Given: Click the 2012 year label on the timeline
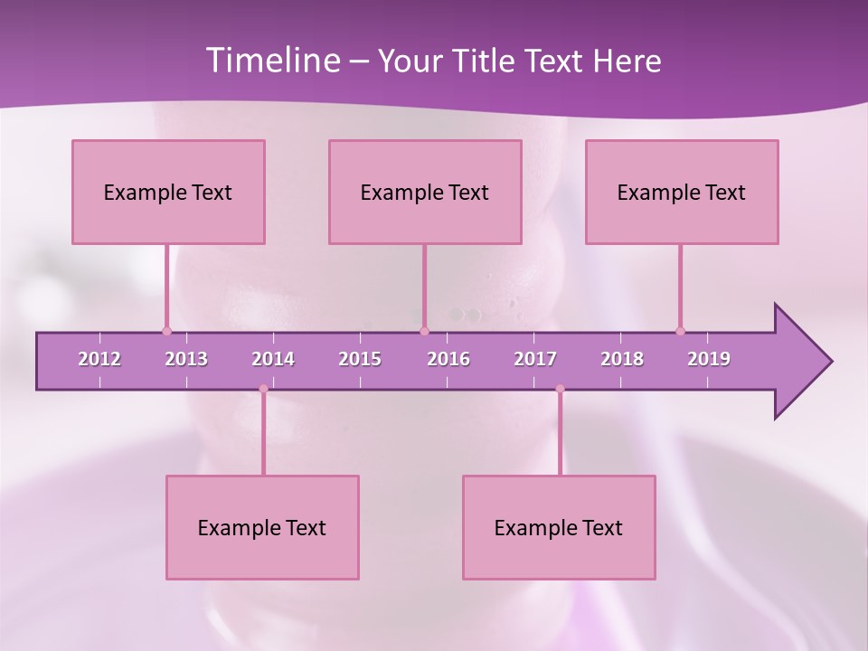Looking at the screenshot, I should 99,359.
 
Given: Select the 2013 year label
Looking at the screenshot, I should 186,359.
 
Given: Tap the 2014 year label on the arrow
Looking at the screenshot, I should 273,359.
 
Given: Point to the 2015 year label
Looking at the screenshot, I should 360,359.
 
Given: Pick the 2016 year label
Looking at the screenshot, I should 448,359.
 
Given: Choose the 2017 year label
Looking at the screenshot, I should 535,359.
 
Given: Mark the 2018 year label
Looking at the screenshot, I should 622,359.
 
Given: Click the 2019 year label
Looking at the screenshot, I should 709,359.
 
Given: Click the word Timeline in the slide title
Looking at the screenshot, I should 271,61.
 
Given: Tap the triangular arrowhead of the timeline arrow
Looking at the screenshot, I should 801,362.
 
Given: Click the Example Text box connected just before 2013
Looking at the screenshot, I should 168,192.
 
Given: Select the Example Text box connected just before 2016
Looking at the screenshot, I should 425,192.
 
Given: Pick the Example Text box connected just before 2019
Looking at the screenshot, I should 682,192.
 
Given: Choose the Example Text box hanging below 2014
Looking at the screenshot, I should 262,527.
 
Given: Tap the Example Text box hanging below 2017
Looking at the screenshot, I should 559,527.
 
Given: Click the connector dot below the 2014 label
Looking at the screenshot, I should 263,389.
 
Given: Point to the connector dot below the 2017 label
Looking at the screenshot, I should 560,389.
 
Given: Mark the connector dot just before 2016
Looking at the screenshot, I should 424,331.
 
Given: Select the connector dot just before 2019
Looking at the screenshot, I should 680,331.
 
